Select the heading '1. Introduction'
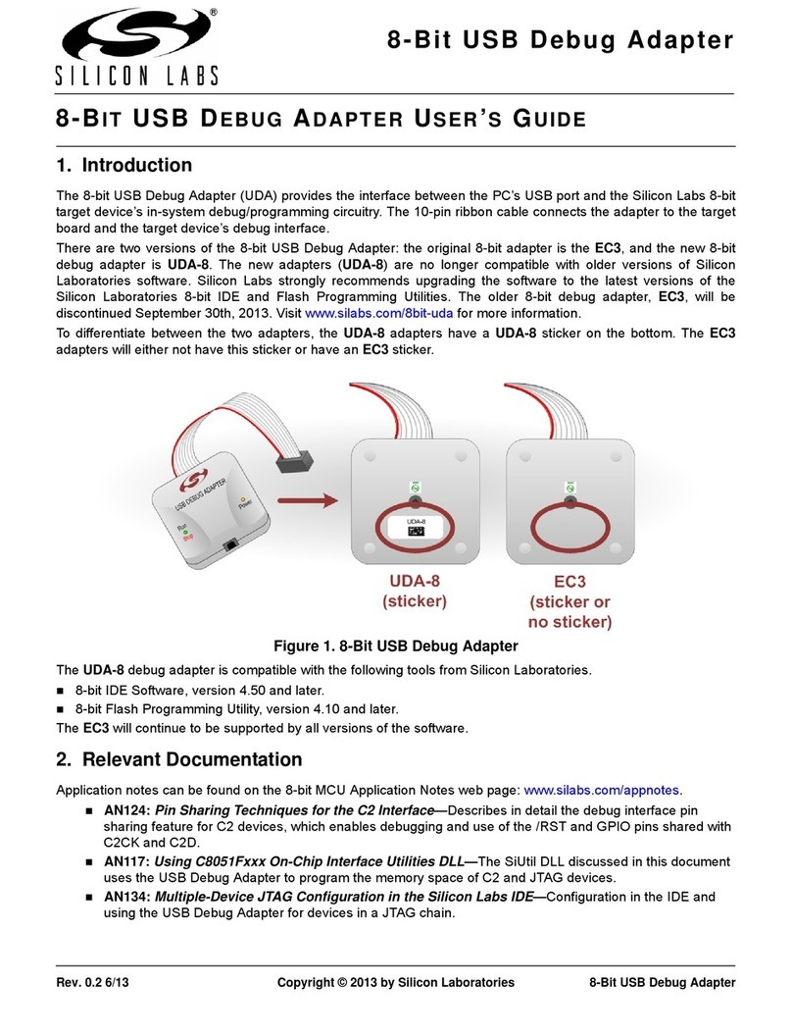(124, 165)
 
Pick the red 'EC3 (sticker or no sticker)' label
(569, 598)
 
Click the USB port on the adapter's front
(231, 544)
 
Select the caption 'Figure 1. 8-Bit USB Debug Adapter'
(395, 646)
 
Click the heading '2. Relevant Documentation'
(178, 758)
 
